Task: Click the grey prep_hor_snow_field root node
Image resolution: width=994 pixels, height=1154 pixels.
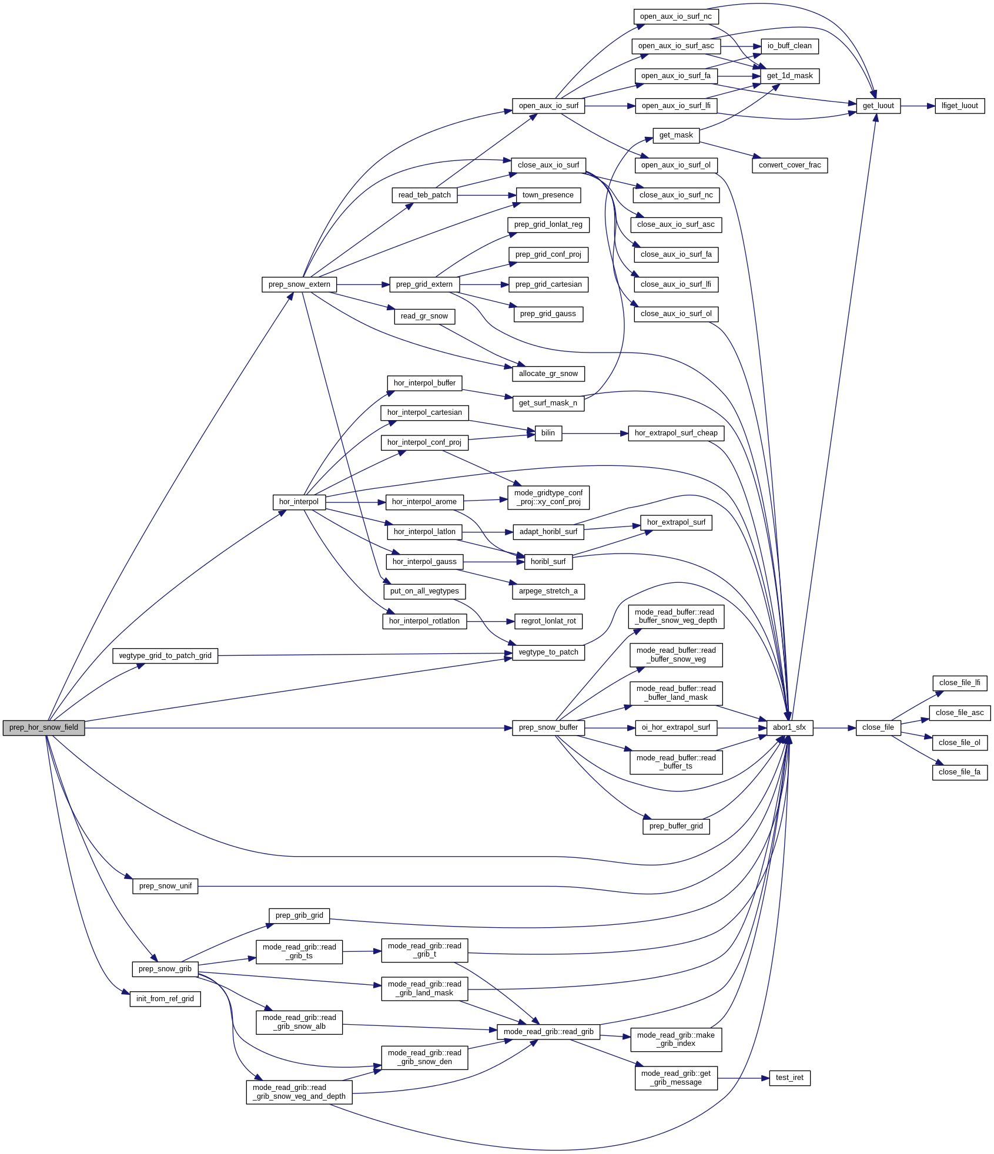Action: (x=43, y=727)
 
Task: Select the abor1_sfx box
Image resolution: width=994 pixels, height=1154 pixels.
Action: (x=789, y=727)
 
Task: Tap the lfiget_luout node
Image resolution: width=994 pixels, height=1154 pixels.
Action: (x=959, y=106)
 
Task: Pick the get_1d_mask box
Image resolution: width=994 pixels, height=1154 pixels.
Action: (x=789, y=76)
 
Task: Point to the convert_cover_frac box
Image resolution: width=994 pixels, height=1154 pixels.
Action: (x=789, y=165)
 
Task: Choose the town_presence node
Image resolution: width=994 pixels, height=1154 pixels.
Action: (x=548, y=195)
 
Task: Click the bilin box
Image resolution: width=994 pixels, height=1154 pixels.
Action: (x=548, y=433)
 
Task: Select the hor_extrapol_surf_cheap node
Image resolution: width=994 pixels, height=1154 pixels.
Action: (x=675, y=433)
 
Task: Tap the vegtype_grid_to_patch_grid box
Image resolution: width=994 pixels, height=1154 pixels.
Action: (x=165, y=656)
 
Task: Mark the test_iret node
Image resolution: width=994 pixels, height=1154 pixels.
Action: (x=789, y=1078)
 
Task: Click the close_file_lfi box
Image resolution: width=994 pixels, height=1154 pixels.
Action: (x=959, y=683)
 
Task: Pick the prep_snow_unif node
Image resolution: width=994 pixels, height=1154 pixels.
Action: (x=165, y=886)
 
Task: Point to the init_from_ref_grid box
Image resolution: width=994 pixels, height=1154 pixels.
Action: (x=165, y=999)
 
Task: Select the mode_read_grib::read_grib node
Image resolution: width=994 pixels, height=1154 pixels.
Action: (x=548, y=1032)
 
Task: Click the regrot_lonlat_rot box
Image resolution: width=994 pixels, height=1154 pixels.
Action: (x=548, y=621)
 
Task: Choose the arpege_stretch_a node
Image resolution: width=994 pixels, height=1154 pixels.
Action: (x=548, y=591)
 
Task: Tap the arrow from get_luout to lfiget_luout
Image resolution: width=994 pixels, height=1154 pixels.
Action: (x=917, y=106)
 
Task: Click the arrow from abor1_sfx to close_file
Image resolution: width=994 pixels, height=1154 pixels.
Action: (x=834, y=727)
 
